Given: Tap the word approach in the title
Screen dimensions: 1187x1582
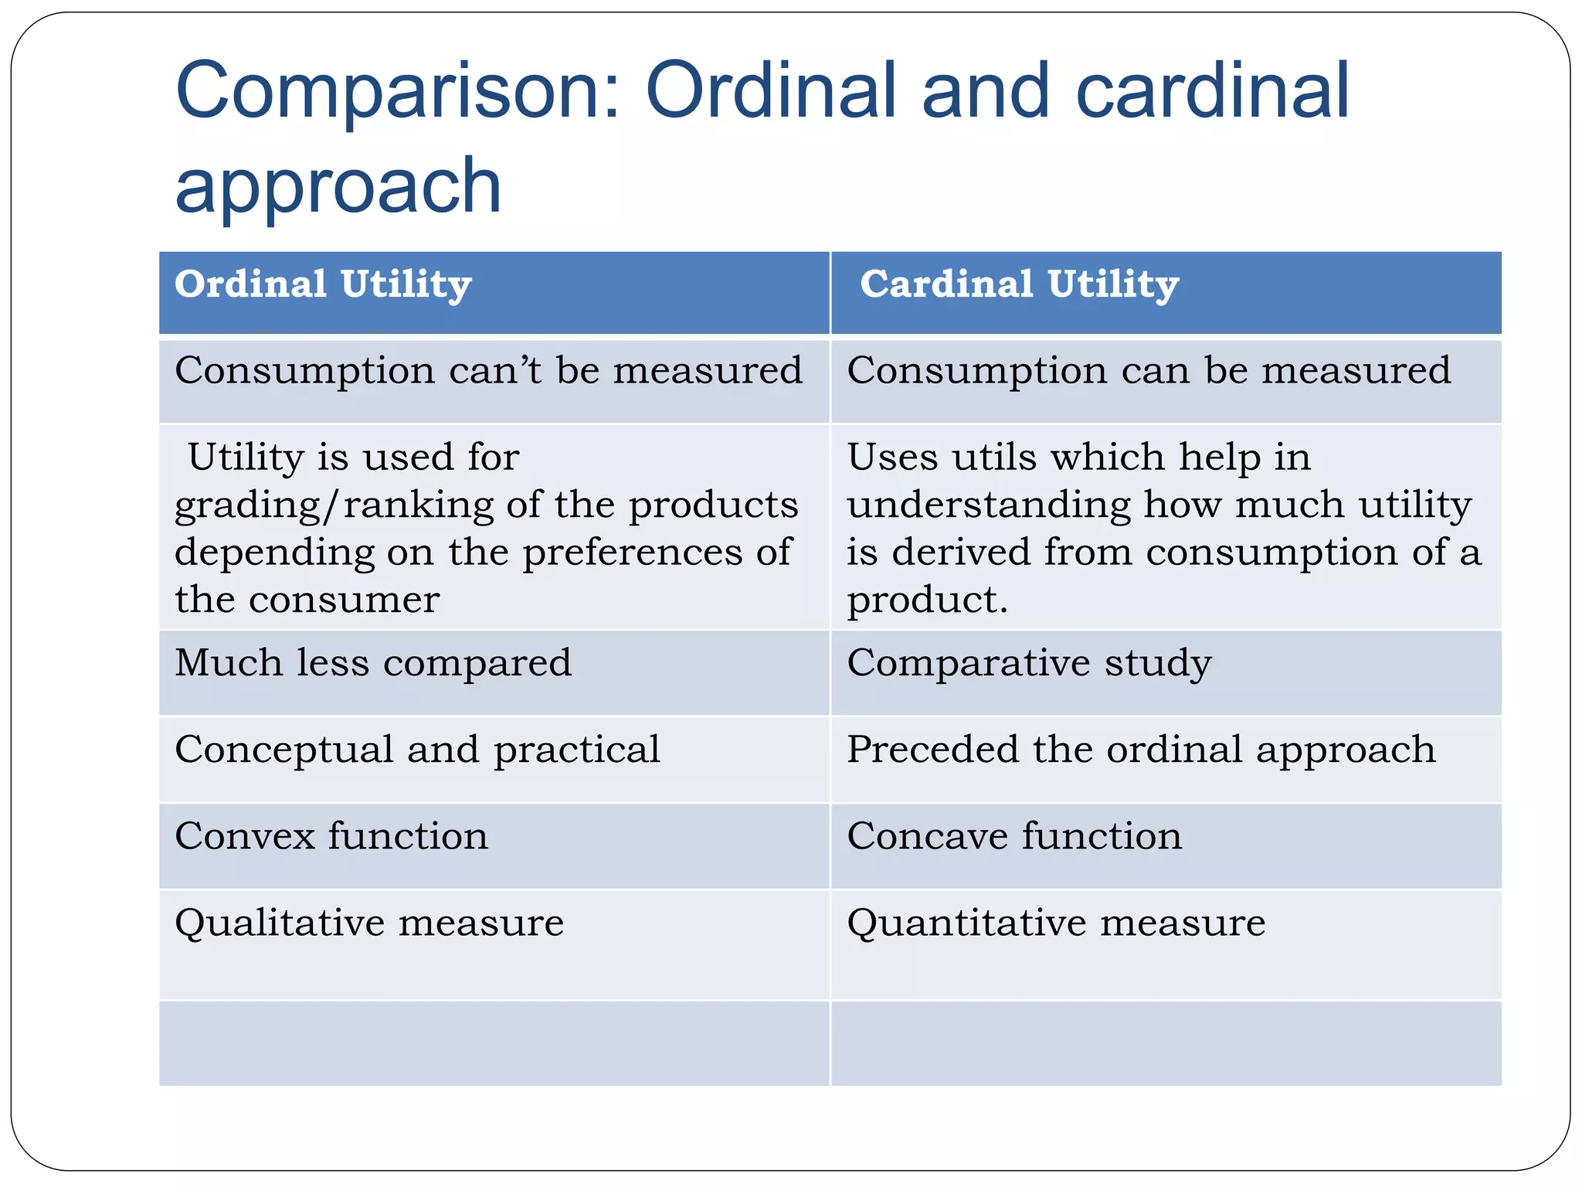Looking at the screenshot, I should [x=338, y=185].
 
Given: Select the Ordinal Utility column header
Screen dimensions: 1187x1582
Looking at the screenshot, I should [x=323, y=284].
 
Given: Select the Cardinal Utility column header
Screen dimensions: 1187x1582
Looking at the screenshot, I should [x=1019, y=284].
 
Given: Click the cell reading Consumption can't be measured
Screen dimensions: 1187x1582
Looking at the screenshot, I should [x=488, y=371].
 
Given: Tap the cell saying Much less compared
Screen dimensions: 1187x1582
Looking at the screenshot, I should [x=373, y=663].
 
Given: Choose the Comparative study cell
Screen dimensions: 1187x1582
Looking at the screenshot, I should [x=1029, y=663].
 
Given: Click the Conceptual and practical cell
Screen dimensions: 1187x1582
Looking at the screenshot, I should [x=417, y=750].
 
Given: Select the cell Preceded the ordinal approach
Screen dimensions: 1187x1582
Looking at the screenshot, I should [x=1141, y=750].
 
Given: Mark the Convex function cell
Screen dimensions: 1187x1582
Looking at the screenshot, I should [x=331, y=836].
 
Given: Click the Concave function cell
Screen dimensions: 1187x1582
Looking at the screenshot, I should [x=1014, y=836].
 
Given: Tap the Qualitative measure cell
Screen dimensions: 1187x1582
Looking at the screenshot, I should [x=369, y=923].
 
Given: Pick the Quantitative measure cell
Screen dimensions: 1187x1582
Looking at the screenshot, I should [x=1056, y=923].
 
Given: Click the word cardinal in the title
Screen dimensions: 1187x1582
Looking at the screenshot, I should [x=1212, y=92].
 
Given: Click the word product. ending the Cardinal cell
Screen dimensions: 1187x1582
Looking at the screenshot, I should [x=927, y=601].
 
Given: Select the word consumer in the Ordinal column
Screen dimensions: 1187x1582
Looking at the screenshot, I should [x=344, y=600].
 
